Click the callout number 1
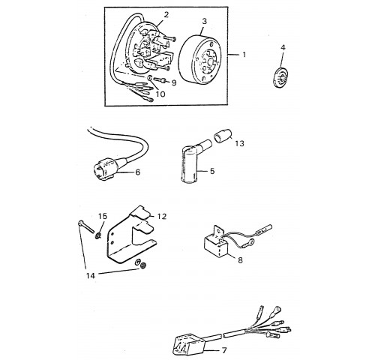[x=244, y=54]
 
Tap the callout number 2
[x=166, y=14]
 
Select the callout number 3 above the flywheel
[x=205, y=21]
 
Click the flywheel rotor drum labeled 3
[x=200, y=60]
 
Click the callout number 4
[x=283, y=47]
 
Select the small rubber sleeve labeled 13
[x=223, y=136]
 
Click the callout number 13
[x=239, y=143]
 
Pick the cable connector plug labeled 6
[x=105, y=168]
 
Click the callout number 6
[x=137, y=172]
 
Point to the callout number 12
[x=162, y=216]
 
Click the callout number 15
[x=102, y=216]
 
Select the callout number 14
[x=91, y=276]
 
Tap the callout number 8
[x=240, y=260]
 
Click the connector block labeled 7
[x=189, y=344]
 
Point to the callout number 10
[x=160, y=94]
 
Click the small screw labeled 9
[x=159, y=80]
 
